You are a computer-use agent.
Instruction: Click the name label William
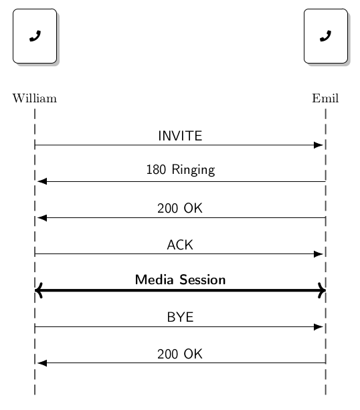point(35,99)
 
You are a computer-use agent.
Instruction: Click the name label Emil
point(325,99)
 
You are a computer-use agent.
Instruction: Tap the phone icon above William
point(35,36)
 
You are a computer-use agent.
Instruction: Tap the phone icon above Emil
point(325,36)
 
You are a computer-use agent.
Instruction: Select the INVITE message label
point(180,136)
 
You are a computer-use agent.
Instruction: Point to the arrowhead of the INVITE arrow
point(319,145)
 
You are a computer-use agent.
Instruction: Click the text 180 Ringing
point(180,170)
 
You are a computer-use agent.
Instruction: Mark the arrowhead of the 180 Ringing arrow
point(42,181)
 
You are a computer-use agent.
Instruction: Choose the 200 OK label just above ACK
point(180,209)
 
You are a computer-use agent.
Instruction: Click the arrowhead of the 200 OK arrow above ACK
point(42,217)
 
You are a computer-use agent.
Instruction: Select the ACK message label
point(180,245)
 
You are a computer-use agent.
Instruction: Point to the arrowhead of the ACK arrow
point(319,254)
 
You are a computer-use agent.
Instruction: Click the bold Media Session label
point(180,280)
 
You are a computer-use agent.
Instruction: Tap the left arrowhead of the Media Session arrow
point(39,290)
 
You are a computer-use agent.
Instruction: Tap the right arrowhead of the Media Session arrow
point(322,290)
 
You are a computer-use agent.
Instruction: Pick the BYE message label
point(180,318)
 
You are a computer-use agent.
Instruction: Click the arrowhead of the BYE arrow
point(319,326)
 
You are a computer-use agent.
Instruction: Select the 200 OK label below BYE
point(180,354)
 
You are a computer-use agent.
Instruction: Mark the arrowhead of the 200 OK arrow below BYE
point(42,363)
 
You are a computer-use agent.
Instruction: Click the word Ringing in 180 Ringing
point(193,171)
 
